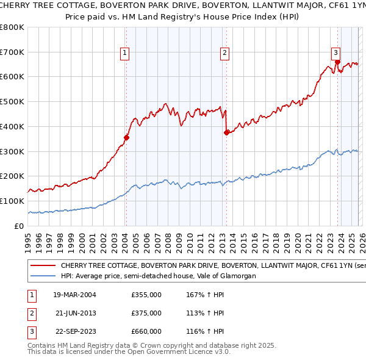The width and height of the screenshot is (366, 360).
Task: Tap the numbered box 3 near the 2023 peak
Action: (x=335, y=52)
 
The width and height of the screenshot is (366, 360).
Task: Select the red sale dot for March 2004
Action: (x=126, y=137)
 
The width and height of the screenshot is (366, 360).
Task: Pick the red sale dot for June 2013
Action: (x=226, y=132)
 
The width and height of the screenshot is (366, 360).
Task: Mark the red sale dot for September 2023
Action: (x=337, y=62)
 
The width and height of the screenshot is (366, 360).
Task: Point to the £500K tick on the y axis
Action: (x=12, y=102)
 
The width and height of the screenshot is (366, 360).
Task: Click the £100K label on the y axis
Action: (x=12, y=201)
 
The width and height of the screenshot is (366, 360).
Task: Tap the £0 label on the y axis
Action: (x=19, y=226)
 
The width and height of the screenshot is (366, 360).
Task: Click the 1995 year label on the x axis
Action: (x=28, y=239)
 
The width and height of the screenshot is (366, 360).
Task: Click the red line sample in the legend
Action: (x=42, y=266)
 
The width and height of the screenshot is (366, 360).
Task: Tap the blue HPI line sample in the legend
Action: (x=42, y=276)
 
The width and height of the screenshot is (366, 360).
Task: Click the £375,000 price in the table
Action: (x=146, y=313)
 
